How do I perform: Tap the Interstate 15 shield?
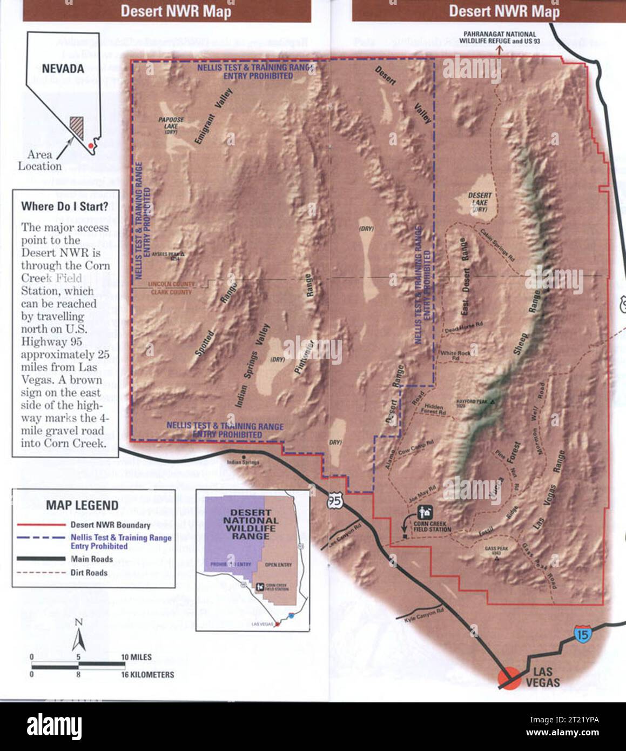coord(582,634)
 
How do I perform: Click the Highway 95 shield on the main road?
coord(334,501)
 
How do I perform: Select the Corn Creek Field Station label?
coord(432,526)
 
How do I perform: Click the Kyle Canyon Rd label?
coord(424,615)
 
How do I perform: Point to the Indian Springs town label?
coord(243,462)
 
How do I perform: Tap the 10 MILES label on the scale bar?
coord(136,657)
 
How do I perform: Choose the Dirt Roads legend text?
coord(89,573)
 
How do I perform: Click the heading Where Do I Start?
coord(64,206)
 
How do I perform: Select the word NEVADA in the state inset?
coord(63,69)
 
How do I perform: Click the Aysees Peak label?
coord(165,254)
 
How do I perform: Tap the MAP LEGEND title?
coord(82,505)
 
